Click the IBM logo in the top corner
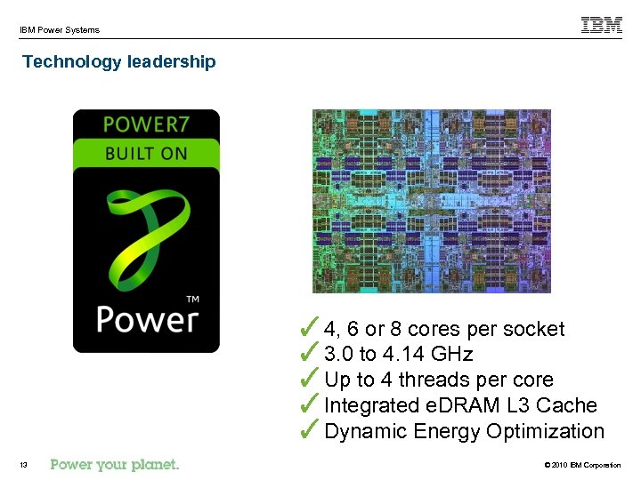coord(602,26)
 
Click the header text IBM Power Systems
coord(60,30)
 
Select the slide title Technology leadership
coord(118,61)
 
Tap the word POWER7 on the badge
coord(146,124)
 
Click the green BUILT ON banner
coord(146,153)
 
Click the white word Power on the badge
coord(146,317)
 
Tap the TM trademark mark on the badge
coord(191,299)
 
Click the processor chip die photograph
coord(431,201)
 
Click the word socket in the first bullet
coord(533,329)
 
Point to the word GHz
coord(451,355)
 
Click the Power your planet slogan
coord(115,464)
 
